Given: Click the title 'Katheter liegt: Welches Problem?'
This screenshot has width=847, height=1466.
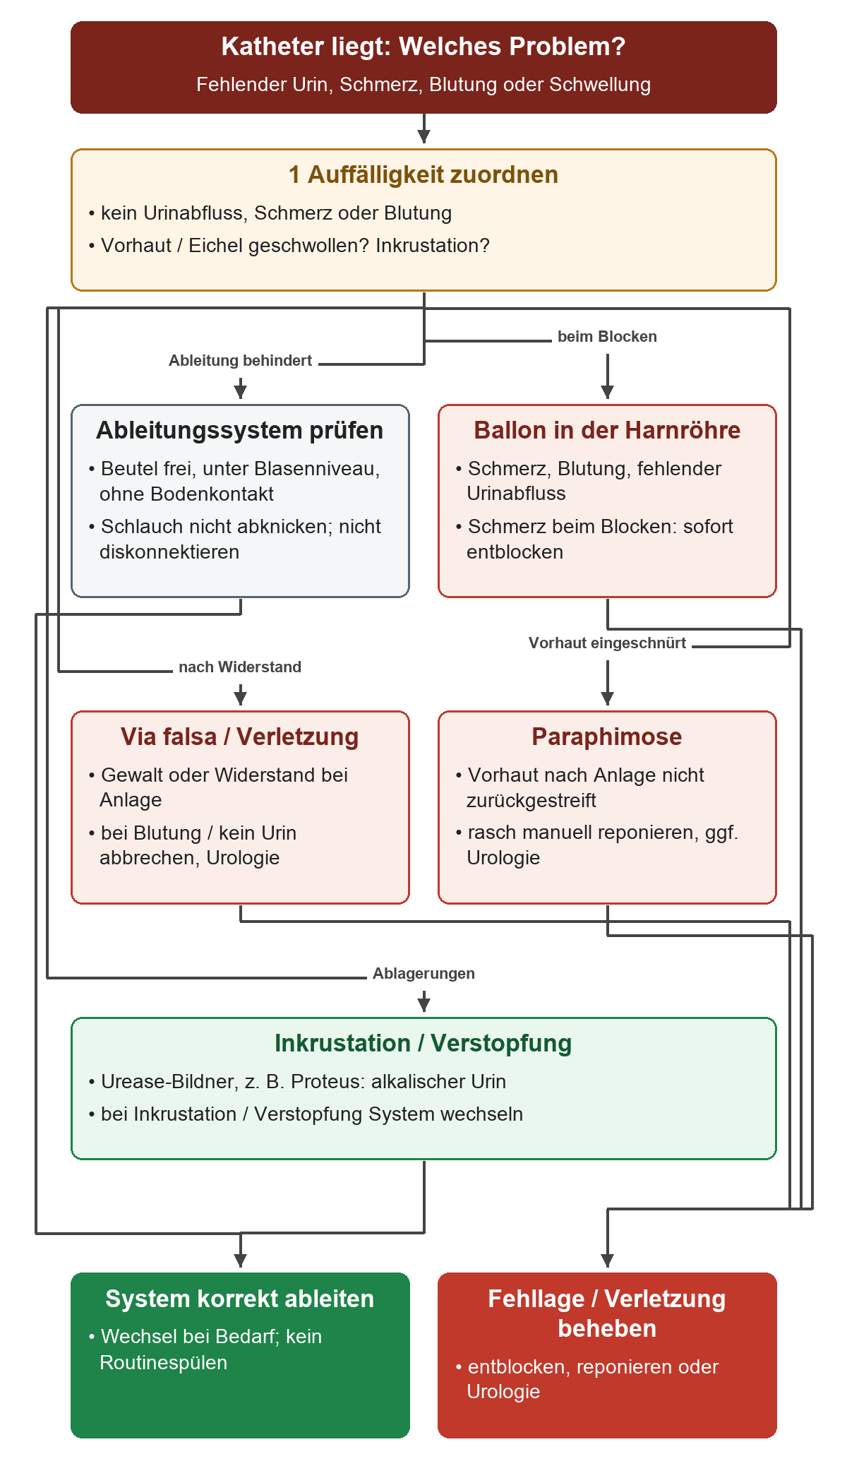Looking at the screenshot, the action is [423, 47].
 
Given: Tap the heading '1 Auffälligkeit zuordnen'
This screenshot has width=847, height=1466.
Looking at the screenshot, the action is [423, 174].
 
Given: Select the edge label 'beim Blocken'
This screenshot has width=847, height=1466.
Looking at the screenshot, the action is [607, 336].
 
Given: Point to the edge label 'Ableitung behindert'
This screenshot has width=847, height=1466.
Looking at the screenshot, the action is [240, 360].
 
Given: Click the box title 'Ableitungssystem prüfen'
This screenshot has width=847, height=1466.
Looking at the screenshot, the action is [240, 430].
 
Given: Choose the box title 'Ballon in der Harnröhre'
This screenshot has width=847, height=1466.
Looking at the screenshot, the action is [607, 430].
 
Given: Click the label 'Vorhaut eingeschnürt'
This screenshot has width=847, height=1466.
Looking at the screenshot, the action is [607, 643].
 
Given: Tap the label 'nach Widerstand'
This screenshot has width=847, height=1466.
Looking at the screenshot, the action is [240, 667].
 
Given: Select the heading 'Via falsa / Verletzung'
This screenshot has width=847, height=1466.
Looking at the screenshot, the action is [240, 737].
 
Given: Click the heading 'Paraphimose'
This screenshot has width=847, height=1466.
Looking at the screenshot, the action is [607, 737].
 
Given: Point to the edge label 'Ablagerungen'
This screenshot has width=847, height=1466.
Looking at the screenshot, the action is [423, 973].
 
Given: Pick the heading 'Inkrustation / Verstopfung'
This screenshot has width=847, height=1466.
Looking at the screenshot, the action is [423, 1043].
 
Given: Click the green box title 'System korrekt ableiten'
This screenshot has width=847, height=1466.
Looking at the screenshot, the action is [240, 1299].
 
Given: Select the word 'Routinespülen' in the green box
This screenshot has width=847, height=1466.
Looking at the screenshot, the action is [164, 1362].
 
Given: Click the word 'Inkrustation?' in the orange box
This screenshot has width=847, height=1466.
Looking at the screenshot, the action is [433, 245].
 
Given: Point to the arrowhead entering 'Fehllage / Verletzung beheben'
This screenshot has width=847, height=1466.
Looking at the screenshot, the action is [607, 1261].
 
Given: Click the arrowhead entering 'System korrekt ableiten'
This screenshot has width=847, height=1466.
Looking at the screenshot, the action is [240, 1261].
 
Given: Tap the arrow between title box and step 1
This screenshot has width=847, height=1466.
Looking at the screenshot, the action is [423, 129].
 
